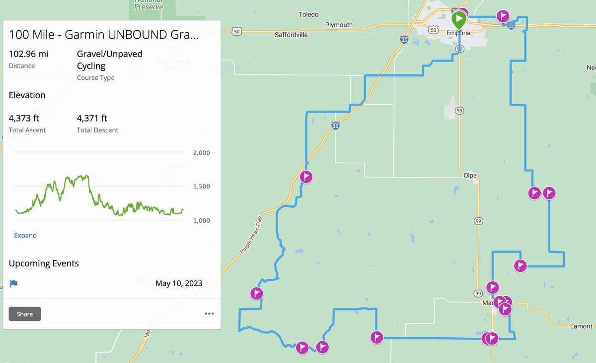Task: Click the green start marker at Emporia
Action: (459, 20)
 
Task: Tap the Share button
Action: (25, 314)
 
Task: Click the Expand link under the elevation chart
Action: (25, 236)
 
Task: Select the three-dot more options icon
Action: (209, 314)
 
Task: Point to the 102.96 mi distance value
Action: (29, 54)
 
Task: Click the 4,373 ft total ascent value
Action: (24, 119)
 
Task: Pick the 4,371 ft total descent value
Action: (92, 119)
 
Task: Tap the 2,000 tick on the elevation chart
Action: (202, 153)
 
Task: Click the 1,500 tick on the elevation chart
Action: (202, 186)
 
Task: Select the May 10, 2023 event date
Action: (179, 284)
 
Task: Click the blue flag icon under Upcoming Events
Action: (14, 284)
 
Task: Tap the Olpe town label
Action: (470, 176)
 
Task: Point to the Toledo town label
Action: (308, 14)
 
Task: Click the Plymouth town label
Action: (339, 25)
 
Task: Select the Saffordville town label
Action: (291, 35)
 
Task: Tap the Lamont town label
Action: (581, 326)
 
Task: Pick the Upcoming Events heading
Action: (44, 263)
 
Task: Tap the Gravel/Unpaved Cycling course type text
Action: (109, 60)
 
